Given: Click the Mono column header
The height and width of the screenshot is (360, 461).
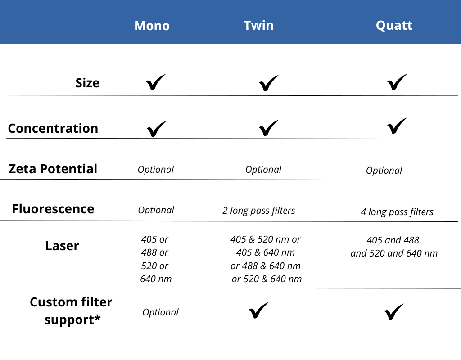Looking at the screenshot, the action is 152,26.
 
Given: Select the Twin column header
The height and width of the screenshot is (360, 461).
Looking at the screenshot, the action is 259,25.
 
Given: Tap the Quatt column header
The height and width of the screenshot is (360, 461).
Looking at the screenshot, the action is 394,26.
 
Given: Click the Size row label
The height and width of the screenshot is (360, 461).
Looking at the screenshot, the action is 87,83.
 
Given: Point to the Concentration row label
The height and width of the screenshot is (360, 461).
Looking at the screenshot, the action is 53,128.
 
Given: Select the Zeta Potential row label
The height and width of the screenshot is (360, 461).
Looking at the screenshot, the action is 53,169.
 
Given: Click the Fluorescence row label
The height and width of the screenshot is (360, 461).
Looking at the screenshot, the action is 53,209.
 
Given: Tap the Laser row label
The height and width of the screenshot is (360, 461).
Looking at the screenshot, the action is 62,246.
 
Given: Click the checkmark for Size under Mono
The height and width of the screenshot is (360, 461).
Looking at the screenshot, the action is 156,82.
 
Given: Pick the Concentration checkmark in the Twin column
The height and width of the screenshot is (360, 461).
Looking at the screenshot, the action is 269,128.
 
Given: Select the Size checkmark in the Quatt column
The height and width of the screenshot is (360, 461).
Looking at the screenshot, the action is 397,82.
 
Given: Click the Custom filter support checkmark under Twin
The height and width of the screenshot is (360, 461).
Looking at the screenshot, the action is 259,310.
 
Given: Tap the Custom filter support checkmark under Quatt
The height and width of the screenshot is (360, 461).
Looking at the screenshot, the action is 394,311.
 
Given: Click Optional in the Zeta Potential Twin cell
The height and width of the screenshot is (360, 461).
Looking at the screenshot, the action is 263,170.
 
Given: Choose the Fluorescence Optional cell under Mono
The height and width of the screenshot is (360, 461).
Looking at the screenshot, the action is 156,210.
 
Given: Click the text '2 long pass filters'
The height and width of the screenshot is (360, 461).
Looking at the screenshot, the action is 259,211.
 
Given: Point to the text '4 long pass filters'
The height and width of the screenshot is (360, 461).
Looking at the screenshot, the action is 397,212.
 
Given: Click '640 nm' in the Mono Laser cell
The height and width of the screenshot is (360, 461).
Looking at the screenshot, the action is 156,279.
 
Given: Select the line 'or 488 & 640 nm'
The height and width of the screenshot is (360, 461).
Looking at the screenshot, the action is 266,265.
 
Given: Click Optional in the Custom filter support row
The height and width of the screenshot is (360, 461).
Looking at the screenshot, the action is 161,312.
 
